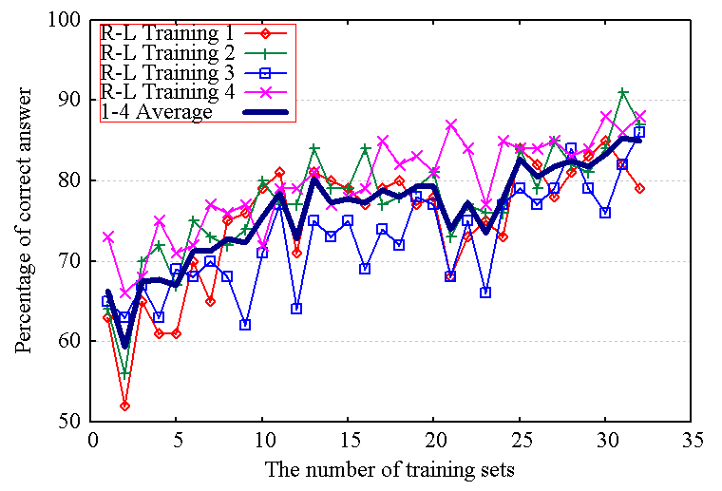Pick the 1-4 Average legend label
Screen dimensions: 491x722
[157, 111]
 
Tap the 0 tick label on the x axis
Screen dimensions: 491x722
[91, 441]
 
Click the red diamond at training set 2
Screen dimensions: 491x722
[125, 406]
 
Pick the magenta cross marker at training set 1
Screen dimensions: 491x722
[108, 236]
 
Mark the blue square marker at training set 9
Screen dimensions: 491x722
[245, 325]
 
